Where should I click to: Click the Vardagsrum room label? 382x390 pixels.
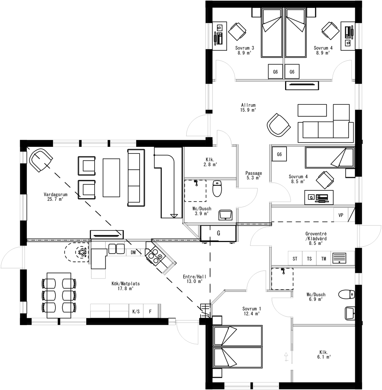click(55, 194)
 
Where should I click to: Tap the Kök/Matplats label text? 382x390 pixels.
click(125, 284)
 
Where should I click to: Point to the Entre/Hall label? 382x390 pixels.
click(194, 277)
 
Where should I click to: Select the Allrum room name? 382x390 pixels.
click(248, 105)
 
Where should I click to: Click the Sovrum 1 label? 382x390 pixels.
click(251, 309)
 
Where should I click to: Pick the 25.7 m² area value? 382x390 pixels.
click(55, 199)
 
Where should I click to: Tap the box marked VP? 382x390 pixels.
click(340, 215)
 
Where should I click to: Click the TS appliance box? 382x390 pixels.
click(309, 259)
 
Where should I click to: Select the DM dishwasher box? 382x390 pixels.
click(133, 252)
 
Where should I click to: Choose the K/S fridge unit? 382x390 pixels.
click(136, 312)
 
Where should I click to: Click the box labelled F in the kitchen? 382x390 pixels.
click(150, 312)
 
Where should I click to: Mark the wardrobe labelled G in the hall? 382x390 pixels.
click(218, 233)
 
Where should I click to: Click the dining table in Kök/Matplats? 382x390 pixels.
click(59, 295)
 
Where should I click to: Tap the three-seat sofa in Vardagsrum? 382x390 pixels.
click(136, 178)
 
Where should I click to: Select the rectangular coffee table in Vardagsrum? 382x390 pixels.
click(111, 178)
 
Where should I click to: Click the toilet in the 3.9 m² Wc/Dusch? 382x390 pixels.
click(217, 188)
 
